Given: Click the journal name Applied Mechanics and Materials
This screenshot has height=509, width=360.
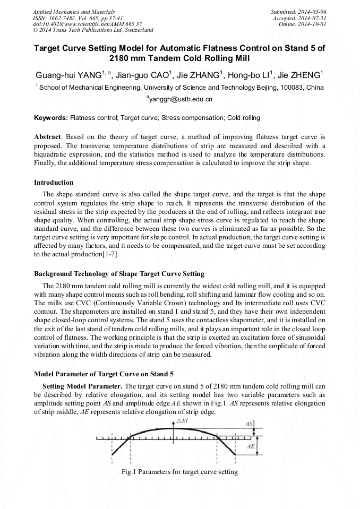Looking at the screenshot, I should coord(74,11).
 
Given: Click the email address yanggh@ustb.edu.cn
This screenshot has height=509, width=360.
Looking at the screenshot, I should coord(179,99).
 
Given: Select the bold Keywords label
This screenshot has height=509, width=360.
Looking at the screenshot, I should coord(51,117).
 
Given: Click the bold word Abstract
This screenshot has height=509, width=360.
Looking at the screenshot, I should coord(47,137).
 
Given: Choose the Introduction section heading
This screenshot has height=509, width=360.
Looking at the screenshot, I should coord(54,182).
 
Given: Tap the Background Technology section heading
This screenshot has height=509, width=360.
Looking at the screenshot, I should coord(119,274).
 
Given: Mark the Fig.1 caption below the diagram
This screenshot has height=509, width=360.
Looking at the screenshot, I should coord(179,472).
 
